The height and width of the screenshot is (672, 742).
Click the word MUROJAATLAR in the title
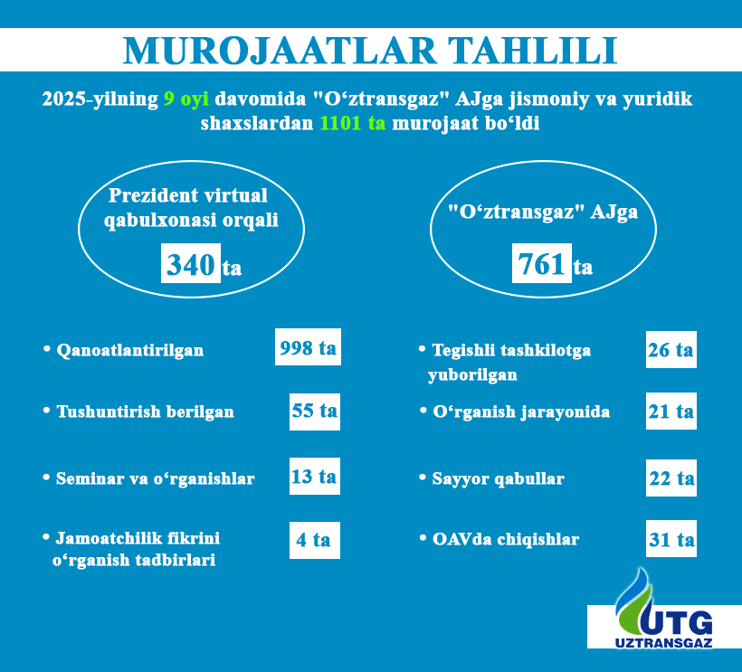[280, 50]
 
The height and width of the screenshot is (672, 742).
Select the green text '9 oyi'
[186, 99]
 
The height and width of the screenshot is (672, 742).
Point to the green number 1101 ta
[353, 123]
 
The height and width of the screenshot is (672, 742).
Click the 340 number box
[191, 263]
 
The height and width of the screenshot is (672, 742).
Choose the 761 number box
[542, 263]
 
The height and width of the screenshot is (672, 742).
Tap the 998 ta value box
[308, 347]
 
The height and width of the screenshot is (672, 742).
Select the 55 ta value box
[315, 412]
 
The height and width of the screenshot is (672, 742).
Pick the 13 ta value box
[315, 477]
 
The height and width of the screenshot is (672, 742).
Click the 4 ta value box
[315, 541]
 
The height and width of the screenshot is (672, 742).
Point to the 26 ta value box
[671, 350]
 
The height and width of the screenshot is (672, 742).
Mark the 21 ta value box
[671, 412]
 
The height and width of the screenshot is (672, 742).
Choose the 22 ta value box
[671, 478]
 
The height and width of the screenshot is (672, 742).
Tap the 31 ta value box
[671, 539]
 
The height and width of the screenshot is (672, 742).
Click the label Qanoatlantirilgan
[130, 350]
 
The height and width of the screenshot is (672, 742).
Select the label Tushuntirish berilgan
[146, 412]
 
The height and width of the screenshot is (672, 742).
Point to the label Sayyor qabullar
[499, 478]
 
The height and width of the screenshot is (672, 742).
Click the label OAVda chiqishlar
[506, 539]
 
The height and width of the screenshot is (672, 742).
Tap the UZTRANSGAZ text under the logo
[663, 643]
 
